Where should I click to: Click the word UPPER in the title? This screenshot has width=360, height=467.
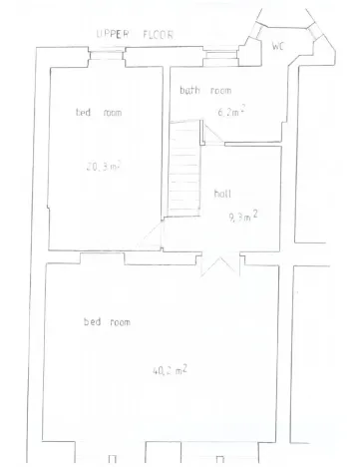112,34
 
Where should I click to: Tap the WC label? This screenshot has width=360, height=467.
280,45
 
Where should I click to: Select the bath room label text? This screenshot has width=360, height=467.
205,91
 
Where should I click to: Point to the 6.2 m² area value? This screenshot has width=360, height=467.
231,112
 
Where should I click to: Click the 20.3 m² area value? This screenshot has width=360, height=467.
103,167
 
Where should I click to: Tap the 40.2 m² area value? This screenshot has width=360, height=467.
171,369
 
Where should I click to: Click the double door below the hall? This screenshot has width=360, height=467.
220,264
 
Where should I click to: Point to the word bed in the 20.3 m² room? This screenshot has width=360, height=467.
84,113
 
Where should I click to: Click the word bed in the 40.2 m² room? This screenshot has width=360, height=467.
92,322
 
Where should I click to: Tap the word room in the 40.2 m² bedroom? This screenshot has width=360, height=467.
120,322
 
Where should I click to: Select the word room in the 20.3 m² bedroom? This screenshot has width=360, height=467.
111,113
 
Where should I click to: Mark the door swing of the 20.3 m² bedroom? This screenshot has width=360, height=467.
152,236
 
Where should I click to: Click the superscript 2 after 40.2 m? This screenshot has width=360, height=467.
185,365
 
